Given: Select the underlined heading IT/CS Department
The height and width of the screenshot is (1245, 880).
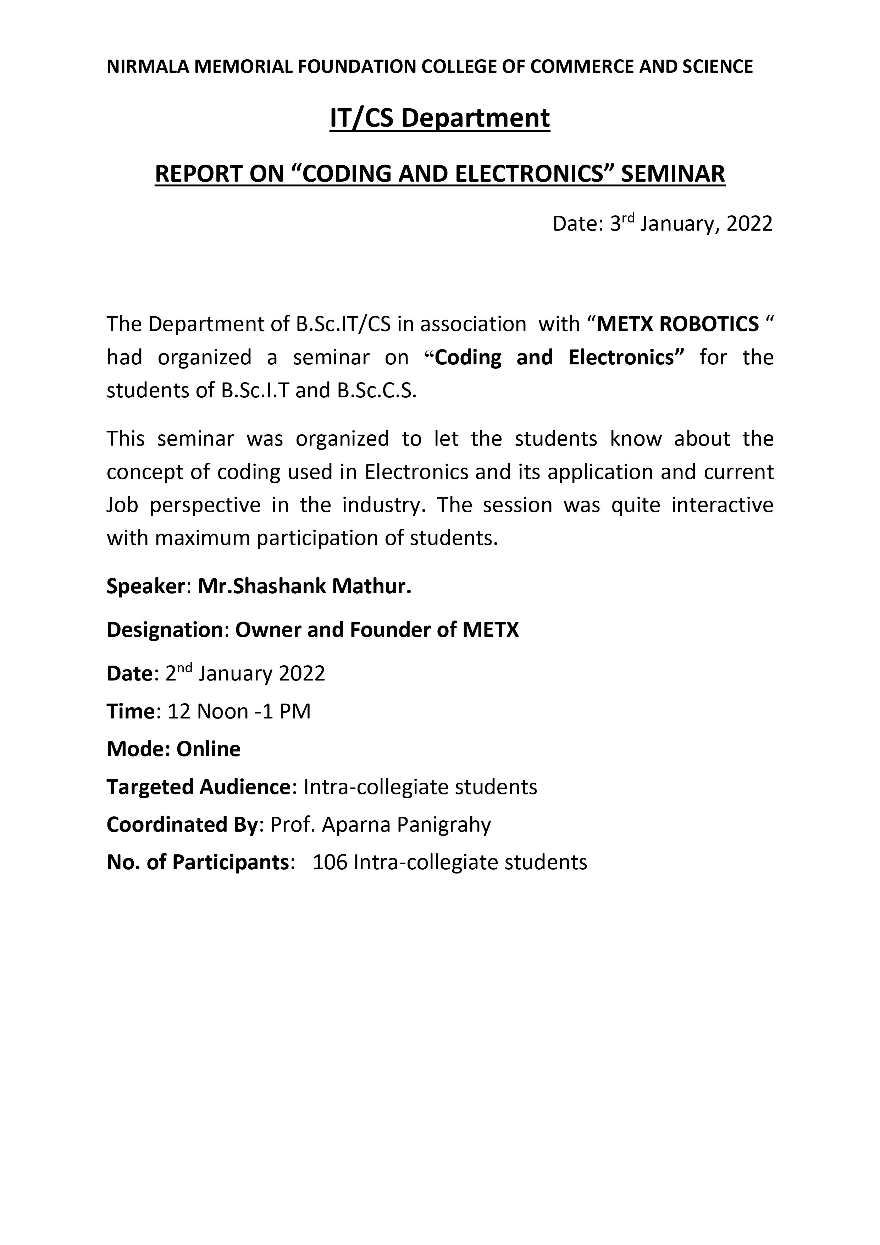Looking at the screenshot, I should tap(440, 118).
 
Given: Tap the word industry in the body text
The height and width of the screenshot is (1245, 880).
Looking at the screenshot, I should tap(381, 505).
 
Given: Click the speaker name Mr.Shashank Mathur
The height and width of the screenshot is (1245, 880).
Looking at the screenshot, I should tap(304, 586).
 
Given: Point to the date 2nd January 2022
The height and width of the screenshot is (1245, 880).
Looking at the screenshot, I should tap(245, 673).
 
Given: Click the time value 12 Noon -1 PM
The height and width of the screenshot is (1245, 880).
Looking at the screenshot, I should tap(239, 711).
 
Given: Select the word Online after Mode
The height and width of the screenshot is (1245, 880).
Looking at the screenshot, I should tap(208, 749).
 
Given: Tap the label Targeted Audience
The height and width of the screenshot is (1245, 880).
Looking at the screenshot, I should tap(198, 787).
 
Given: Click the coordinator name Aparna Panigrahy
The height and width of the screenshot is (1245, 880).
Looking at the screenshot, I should tap(406, 825).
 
